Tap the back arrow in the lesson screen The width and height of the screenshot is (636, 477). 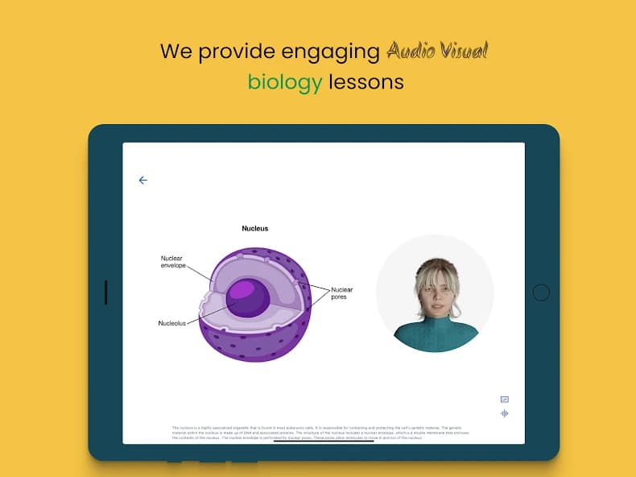pos(143,180)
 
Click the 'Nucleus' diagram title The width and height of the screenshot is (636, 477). pos(255,229)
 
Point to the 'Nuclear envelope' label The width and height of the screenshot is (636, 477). pos(173,262)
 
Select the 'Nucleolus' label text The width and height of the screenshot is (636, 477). pos(171,323)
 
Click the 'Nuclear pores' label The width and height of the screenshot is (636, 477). pos(342,292)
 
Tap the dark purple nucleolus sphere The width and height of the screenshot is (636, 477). pos(247,297)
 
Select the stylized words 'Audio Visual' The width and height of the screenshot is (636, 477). pos(437,52)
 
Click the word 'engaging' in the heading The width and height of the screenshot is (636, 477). pos(329,52)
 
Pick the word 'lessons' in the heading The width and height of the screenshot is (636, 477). pos(366,81)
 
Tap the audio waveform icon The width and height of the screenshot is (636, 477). pos(505,413)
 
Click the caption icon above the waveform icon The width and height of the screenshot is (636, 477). pos(505,400)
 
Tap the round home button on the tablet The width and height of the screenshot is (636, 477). pos(541,292)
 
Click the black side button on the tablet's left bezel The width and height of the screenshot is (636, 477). pos(105,292)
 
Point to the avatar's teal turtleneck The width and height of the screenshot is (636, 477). pos(435,335)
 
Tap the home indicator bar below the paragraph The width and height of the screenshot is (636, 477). pos(324,441)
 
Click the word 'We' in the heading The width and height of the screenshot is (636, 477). pos(177,52)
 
